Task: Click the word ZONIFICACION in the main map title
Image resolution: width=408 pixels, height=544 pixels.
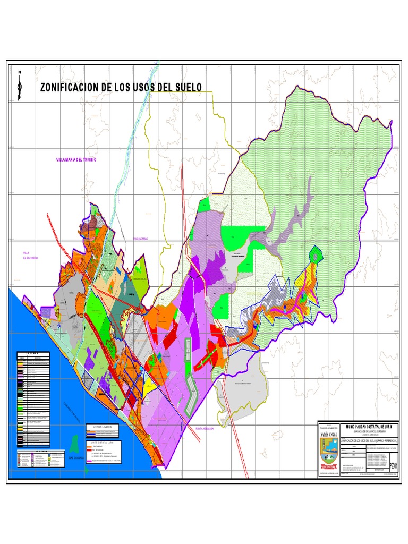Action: coord(70,88)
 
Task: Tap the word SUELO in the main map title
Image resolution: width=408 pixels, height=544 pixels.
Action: coord(185,88)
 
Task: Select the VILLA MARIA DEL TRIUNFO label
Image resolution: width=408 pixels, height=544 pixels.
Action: coord(78,159)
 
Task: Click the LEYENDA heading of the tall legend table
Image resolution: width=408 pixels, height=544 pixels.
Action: coord(34,354)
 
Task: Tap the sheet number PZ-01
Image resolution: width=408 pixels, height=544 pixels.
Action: coord(393,466)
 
